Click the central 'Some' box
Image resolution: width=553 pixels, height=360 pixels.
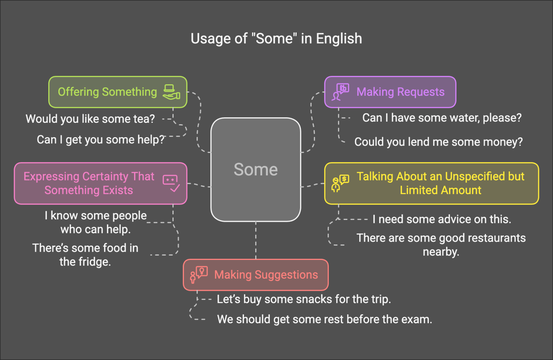tap(256, 169)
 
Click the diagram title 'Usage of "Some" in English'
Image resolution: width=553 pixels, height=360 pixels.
tap(276, 39)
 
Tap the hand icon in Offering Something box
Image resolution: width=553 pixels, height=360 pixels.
tap(171, 92)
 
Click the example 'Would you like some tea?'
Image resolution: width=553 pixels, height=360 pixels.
tap(90, 119)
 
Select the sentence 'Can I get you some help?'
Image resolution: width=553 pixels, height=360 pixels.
tap(100, 140)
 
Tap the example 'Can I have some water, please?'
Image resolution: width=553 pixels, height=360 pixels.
tap(442, 118)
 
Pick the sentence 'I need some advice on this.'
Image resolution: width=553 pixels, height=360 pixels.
tap(442, 219)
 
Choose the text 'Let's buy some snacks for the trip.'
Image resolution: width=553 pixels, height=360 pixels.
tap(304, 299)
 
